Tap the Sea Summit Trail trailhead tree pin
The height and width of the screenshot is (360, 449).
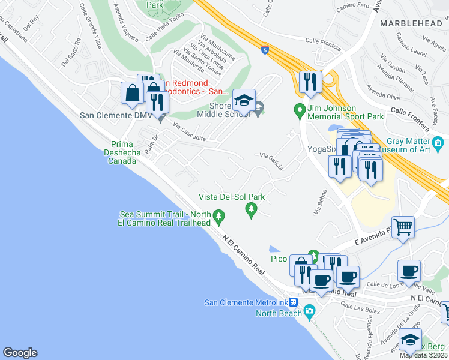click(x=220, y=214)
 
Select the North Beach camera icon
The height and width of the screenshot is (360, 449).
click(x=309, y=311)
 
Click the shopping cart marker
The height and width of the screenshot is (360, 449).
click(x=403, y=227)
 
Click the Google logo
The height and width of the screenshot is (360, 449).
click(x=20, y=353)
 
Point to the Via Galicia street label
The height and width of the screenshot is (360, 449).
click(x=271, y=160)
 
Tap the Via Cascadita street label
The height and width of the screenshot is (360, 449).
click(x=190, y=133)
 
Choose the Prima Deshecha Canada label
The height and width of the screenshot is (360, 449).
click(x=125, y=152)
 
